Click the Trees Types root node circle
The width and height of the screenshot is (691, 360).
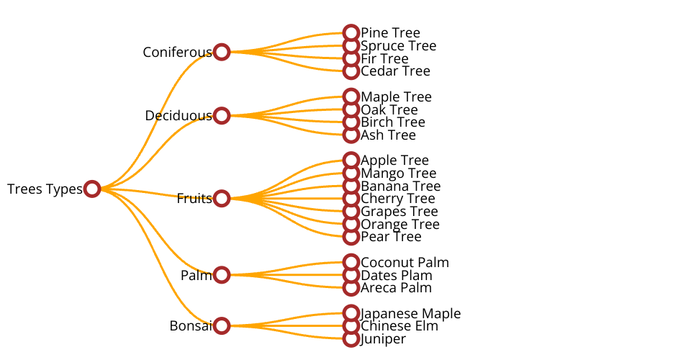click(91, 189)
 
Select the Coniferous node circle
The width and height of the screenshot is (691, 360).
click(222, 52)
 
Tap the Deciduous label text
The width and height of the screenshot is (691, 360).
click(178, 115)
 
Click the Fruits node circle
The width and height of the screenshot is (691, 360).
click(222, 198)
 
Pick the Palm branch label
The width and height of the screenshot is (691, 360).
click(196, 275)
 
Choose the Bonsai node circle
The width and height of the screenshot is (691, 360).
click(222, 325)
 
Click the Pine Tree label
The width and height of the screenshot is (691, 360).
click(390, 33)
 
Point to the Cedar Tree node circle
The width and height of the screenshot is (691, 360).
click(351, 71)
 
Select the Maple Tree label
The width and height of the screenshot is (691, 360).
click(396, 96)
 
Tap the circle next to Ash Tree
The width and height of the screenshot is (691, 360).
click(351, 135)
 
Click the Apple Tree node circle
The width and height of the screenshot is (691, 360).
click(351, 160)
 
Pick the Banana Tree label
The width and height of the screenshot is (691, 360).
click(400, 186)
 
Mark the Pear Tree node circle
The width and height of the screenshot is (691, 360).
click(351, 236)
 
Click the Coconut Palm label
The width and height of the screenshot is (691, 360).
click(405, 262)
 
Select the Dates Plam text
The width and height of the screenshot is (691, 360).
click(396, 275)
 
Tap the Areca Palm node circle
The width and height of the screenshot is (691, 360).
click(351, 288)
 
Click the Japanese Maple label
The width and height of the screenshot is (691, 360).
click(410, 313)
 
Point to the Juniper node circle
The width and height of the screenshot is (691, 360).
click(351, 338)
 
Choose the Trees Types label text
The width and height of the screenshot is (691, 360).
click(45, 189)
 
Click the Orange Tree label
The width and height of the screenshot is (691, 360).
click(399, 224)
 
